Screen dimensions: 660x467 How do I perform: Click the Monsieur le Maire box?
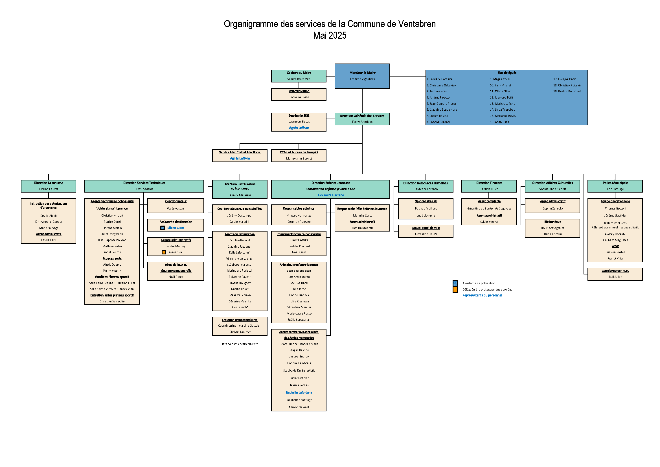click(x=362, y=76)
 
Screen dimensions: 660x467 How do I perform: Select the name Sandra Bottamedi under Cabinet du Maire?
click(x=299, y=79)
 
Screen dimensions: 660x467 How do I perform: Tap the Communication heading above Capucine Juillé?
click(x=299, y=91)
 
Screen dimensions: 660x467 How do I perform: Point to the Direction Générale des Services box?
click(x=362, y=119)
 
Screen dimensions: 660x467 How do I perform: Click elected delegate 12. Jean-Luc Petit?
click(x=501, y=97)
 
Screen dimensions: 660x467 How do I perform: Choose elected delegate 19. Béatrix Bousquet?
click(x=567, y=91)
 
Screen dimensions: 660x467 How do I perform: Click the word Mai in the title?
click(x=319, y=35)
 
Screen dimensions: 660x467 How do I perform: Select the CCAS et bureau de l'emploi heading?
click(x=299, y=152)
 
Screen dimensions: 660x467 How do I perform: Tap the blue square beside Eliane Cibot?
click(x=163, y=228)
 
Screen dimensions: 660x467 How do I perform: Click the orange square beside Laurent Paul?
click(x=164, y=252)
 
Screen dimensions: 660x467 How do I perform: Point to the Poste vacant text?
click(x=176, y=208)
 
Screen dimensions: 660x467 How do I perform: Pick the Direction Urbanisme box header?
click(x=49, y=186)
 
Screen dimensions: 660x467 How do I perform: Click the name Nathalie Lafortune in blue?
click(x=299, y=392)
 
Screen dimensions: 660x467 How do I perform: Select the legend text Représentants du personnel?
click(x=482, y=295)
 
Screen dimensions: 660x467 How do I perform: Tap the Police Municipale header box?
click(x=615, y=186)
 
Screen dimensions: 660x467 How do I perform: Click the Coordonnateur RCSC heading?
click(x=615, y=271)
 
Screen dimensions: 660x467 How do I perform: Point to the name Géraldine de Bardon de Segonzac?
click(x=489, y=208)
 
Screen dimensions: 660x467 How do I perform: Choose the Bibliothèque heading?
click(x=552, y=222)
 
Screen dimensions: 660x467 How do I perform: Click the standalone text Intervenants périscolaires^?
click(x=240, y=344)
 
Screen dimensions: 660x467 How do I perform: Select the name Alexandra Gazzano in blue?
click(x=331, y=195)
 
